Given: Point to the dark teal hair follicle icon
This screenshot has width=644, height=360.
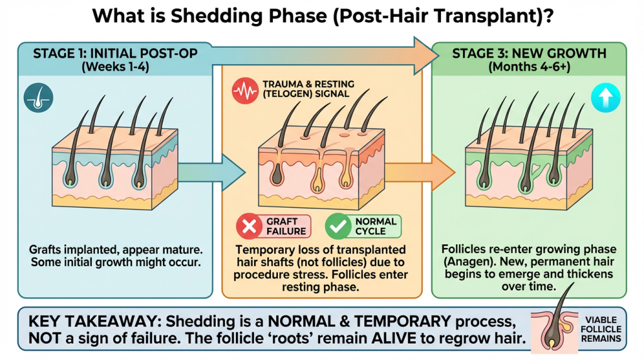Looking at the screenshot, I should click(38, 98).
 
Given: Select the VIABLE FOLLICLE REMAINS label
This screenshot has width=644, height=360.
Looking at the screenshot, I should click(601, 329).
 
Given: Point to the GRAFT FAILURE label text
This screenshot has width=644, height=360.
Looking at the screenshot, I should click(286, 226).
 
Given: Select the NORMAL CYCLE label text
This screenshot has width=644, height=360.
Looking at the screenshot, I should click(375, 226).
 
